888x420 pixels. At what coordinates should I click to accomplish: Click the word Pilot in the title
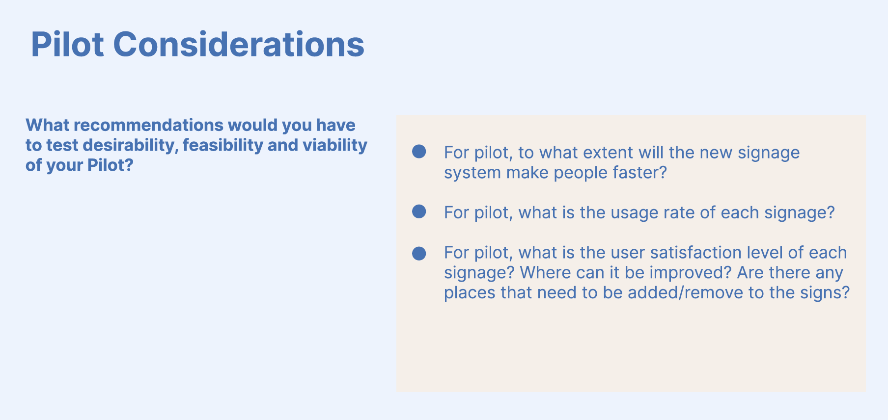point(67,44)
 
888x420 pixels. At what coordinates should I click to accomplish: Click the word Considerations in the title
point(239,44)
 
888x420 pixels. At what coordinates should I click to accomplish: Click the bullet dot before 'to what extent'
point(419,152)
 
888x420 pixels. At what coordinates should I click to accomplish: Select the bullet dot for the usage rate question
point(419,211)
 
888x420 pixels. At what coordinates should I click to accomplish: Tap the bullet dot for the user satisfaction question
point(419,254)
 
